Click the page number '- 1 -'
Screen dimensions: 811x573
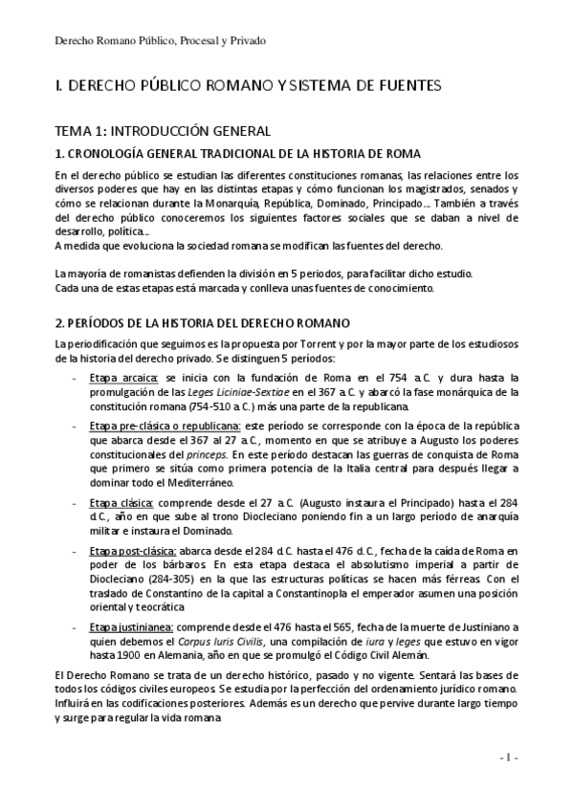tap(508, 756)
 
